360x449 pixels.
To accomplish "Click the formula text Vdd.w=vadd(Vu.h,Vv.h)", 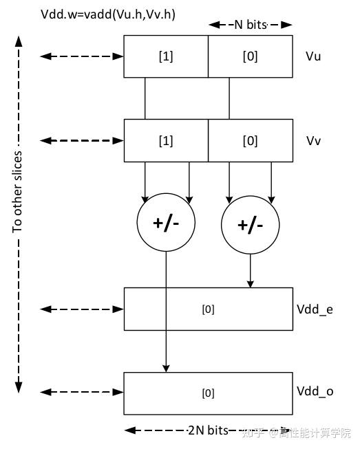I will pyautogui.click(x=108, y=13).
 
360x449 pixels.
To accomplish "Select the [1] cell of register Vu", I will pyautogui.click(x=166, y=56).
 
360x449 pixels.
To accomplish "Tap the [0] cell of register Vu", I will pyautogui.click(x=251, y=56).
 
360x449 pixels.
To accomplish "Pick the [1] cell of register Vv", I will pyautogui.click(x=166, y=140).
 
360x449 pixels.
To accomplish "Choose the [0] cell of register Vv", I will pyautogui.click(x=251, y=140).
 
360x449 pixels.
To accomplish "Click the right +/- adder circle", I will pyautogui.click(x=251, y=226).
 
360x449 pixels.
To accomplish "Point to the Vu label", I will pyautogui.click(x=313, y=56).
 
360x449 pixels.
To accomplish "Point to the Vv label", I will pyautogui.click(x=313, y=140).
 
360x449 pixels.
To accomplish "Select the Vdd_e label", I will pyautogui.click(x=315, y=309).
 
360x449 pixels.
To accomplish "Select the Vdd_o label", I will pyautogui.click(x=315, y=392).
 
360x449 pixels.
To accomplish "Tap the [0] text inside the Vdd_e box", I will pyautogui.click(x=208, y=309).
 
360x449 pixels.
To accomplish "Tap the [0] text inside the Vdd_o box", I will pyautogui.click(x=208, y=393).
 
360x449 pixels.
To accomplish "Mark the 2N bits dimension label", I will pyautogui.click(x=207, y=430).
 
